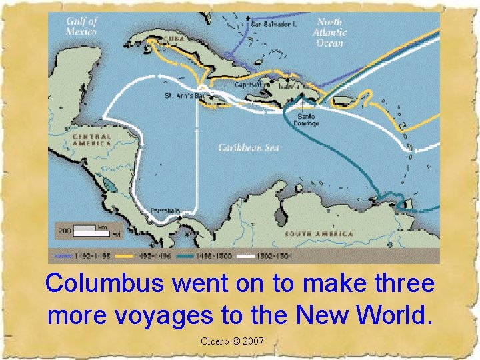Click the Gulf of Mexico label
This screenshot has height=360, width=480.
[x=81, y=27]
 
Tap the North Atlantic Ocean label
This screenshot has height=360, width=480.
[x=329, y=32]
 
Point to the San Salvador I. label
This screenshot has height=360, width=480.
[x=273, y=24]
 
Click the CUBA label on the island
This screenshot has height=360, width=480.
[x=174, y=39]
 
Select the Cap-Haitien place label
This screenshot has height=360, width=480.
[x=253, y=85]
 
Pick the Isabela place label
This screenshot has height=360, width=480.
[x=290, y=86]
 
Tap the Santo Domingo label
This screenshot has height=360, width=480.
[x=307, y=119]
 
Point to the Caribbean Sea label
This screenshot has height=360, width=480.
[x=248, y=147]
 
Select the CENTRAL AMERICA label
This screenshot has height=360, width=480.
[x=92, y=139]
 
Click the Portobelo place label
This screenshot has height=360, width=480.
[x=165, y=211]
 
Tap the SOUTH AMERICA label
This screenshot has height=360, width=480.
[x=319, y=234]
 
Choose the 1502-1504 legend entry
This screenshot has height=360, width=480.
[x=273, y=255]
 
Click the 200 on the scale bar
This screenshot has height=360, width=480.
[x=64, y=231]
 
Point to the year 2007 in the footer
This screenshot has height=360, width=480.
[x=253, y=341]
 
